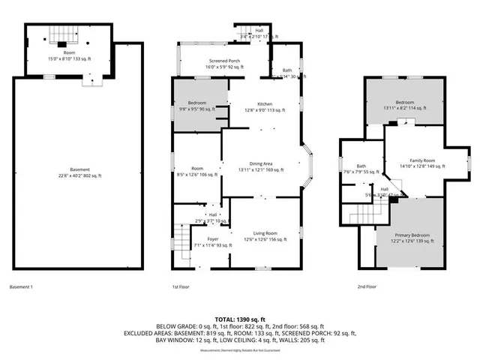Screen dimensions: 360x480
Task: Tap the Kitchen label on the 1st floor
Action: coord(265,104)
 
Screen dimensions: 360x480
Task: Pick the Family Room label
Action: coord(417,160)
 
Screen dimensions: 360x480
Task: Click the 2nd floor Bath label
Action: coord(361,166)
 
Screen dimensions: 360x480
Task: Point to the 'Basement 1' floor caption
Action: coord(22,286)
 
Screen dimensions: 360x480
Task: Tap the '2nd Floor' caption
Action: coord(366,286)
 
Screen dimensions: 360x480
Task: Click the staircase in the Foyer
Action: coord(180,239)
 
